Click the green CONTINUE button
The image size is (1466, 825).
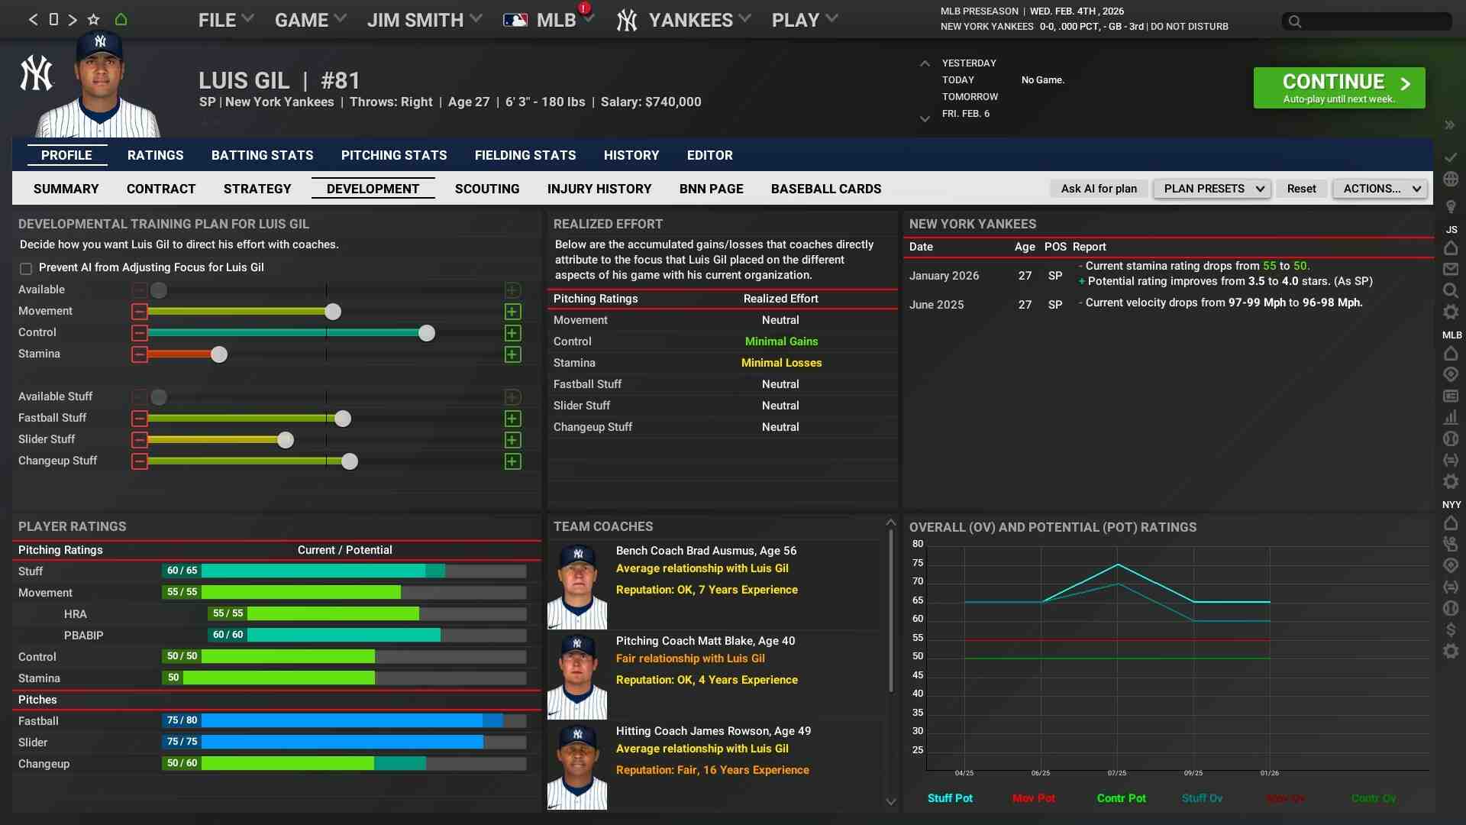[x=1338, y=88]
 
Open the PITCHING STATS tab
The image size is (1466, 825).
[x=394, y=155]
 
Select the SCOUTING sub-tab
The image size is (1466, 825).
[x=487, y=189]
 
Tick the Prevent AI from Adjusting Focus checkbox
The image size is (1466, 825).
[x=26, y=268]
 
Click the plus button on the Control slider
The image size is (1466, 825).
[x=513, y=333]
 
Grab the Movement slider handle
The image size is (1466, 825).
[x=333, y=312]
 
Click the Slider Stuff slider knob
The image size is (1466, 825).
[x=286, y=440]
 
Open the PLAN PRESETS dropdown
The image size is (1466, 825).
[x=1212, y=189]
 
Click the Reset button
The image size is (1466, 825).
[x=1301, y=189]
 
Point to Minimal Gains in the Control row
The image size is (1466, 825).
[x=781, y=341]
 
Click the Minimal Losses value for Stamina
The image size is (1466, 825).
[x=781, y=363]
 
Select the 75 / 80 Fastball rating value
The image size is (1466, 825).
[x=182, y=720]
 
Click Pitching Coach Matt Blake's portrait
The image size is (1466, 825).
[x=577, y=675]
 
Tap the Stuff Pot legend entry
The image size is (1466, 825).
[x=950, y=798]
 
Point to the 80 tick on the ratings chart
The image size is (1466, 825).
[x=917, y=544]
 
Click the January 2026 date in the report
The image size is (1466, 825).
[x=944, y=276]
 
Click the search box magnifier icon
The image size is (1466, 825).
[x=1295, y=21]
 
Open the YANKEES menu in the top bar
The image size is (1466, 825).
[x=683, y=21]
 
